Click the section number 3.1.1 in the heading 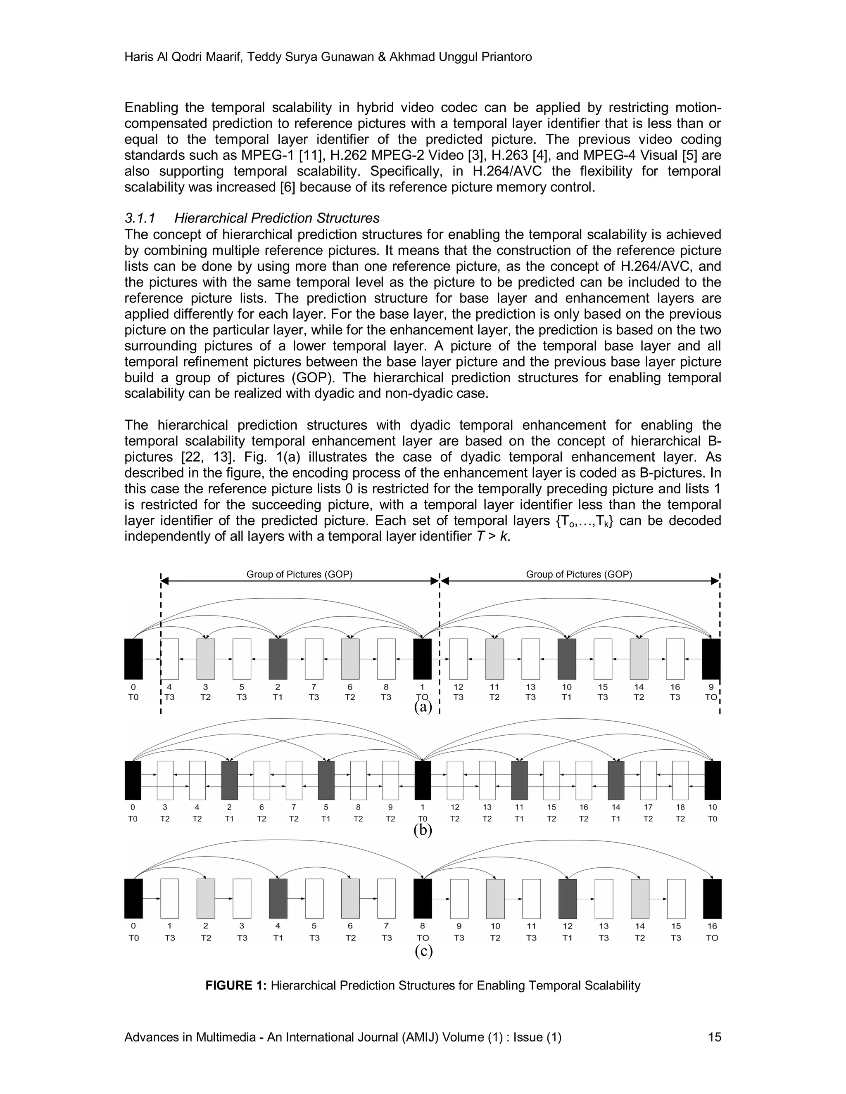[x=140, y=218]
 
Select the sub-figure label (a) [x=423, y=707]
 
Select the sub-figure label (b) [x=423, y=830]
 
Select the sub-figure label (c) [x=423, y=950]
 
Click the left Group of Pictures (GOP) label [x=299, y=574]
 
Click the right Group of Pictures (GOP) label [x=579, y=574]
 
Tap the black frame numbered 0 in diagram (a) [x=133, y=659]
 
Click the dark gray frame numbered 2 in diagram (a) [x=278, y=659]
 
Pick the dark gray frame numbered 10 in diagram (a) [x=567, y=659]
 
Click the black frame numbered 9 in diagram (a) [x=711, y=659]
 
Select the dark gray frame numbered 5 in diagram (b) [x=326, y=780]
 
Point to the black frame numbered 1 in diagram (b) [x=423, y=780]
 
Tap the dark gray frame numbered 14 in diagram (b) [x=616, y=780]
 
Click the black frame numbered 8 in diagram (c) [x=423, y=898]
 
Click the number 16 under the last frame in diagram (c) [x=712, y=926]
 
